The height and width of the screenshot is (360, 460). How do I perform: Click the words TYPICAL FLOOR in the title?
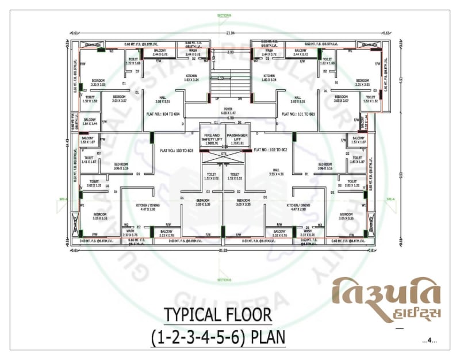[x=217, y=315]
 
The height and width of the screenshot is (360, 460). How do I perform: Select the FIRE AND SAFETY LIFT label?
[x=211, y=137]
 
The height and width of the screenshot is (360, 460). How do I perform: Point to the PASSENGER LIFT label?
[x=237, y=137]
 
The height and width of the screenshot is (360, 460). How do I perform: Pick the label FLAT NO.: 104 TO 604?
[x=163, y=114]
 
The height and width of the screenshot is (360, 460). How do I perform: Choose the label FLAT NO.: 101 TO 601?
[x=298, y=114]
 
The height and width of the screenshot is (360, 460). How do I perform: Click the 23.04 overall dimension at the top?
[x=231, y=33]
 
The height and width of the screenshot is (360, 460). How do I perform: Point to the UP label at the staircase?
[x=217, y=99]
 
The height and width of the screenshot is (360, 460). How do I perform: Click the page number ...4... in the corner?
[x=429, y=342]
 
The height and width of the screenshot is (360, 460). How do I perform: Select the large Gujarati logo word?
[x=386, y=293]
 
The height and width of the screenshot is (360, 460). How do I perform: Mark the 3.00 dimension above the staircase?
[x=230, y=52]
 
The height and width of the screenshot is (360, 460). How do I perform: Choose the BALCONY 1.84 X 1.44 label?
[x=91, y=122]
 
